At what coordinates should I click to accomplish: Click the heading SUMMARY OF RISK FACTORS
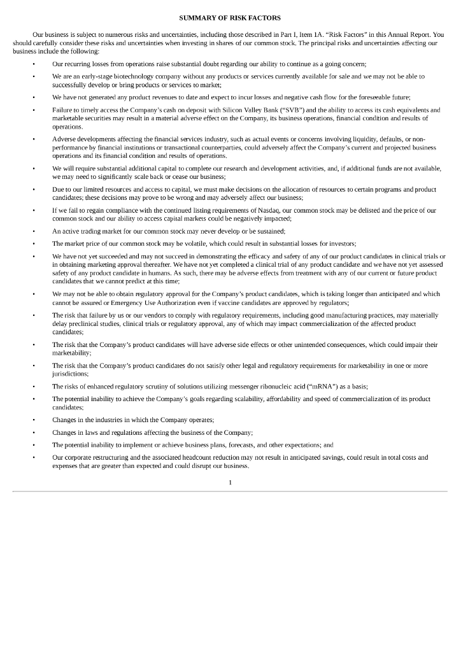click(x=230, y=17)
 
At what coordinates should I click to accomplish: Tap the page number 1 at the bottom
click(x=230, y=482)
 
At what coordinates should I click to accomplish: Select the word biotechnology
click(x=117, y=76)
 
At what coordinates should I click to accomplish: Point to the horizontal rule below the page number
click(x=230, y=492)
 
